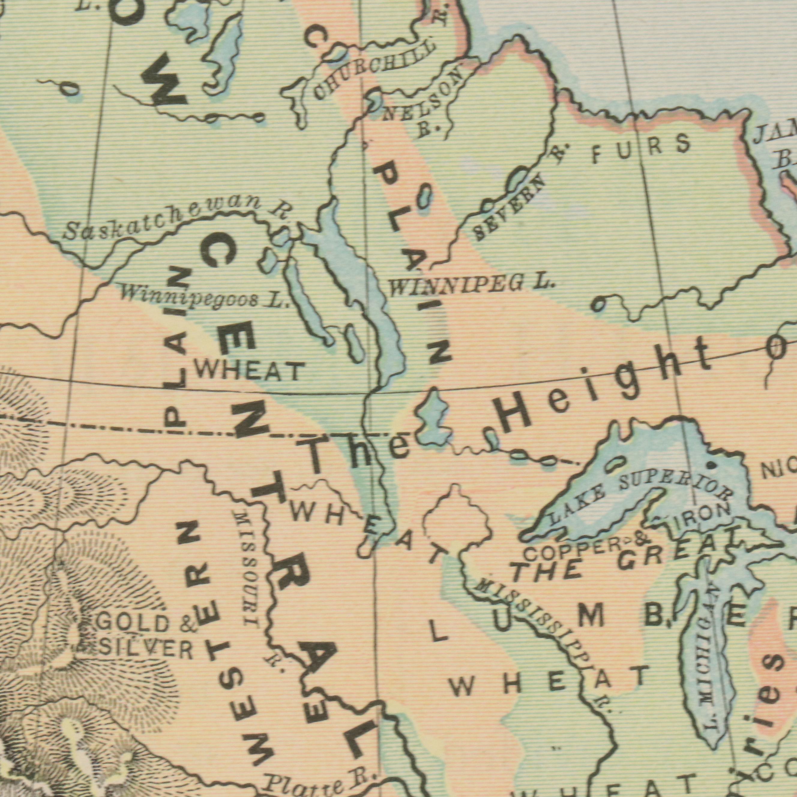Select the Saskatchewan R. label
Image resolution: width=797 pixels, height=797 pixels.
tap(177, 219)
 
